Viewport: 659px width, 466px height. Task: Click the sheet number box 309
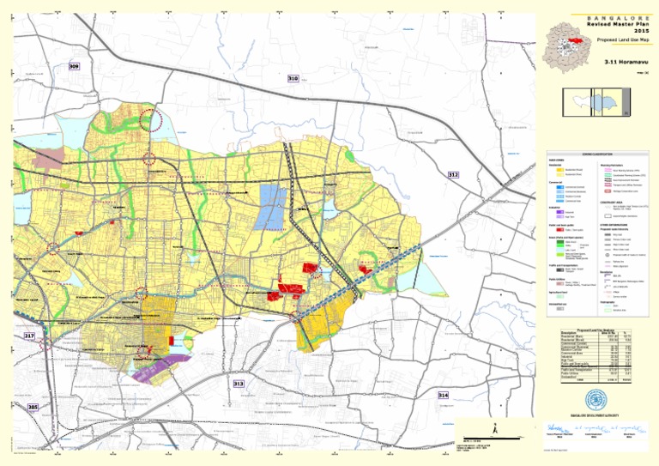[74, 66]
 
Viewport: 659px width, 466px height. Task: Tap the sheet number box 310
[293, 78]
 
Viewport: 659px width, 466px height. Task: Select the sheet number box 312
[453, 174]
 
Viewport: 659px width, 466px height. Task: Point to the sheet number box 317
[29, 336]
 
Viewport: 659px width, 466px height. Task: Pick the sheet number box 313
[239, 384]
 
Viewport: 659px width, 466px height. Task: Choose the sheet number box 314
[443, 395]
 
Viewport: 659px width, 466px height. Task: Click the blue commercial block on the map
[271, 205]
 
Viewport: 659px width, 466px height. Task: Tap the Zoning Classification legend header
[593, 153]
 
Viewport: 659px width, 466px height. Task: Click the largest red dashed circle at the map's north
[151, 119]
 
